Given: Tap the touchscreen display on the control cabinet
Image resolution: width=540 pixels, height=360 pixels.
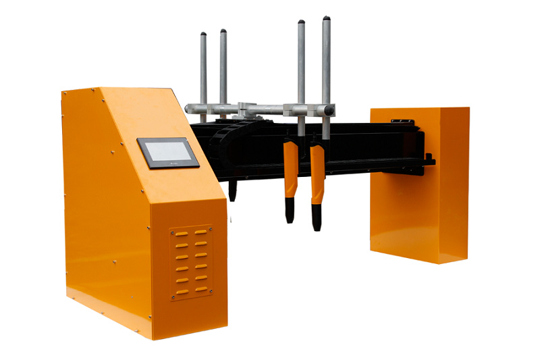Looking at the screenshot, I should [168, 153].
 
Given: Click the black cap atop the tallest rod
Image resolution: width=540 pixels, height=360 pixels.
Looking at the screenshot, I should [326, 19].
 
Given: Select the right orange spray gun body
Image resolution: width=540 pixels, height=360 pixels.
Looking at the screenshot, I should [317, 172].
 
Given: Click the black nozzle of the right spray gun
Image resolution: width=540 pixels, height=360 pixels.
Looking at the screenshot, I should [316, 217].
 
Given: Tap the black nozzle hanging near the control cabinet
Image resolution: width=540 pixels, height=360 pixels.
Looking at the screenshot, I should [233, 190].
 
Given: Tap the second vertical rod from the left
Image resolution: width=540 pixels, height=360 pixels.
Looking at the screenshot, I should [223, 68].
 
